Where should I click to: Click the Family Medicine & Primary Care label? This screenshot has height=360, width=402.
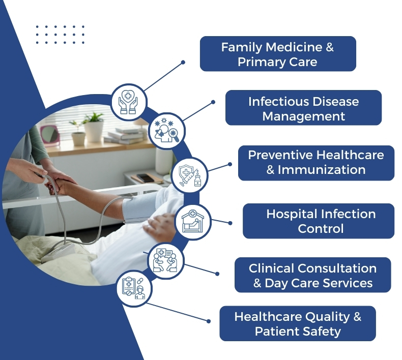pyautogui.click(x=278, y=54)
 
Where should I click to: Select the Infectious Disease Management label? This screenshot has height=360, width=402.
pyautogui.click(x=304, y=108)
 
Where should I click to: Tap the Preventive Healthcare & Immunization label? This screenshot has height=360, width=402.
pyautogui.click(x=316, y=163)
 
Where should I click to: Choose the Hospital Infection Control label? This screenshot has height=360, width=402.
pyautogui.click(x=319, y=221)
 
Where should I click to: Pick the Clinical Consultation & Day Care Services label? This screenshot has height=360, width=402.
pyautogui.click(x=313, y=275)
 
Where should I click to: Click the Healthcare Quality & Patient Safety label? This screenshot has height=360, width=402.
pyautogui.click(x=298, y=323)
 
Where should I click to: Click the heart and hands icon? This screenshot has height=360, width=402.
pyautogui.click(x=129, y=102)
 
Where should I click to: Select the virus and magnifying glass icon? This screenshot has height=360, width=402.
pyautogui.click(x=167, y=131)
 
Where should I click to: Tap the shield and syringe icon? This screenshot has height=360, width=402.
pyautogui.click(x=190, y=175)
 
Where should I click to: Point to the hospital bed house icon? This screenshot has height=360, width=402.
pyautogui.click(x=193, y=222)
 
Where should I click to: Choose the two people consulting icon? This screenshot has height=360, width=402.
pyautogui.click(x=166, y=261)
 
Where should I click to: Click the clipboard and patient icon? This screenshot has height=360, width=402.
pyautogui.click(x=134, y=288)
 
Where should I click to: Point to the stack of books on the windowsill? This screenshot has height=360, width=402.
pyautogui.click(x=126, y=136)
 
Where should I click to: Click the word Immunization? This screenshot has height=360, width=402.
pyautogui.click(x=322, y=170)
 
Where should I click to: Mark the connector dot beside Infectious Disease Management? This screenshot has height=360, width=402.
pyautogui.click(x=213, y=102)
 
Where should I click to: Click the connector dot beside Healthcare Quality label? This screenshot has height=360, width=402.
pyautogui.click(x=209, y=321)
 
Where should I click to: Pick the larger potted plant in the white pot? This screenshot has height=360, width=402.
pyautogui.click(x=94, y=127)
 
